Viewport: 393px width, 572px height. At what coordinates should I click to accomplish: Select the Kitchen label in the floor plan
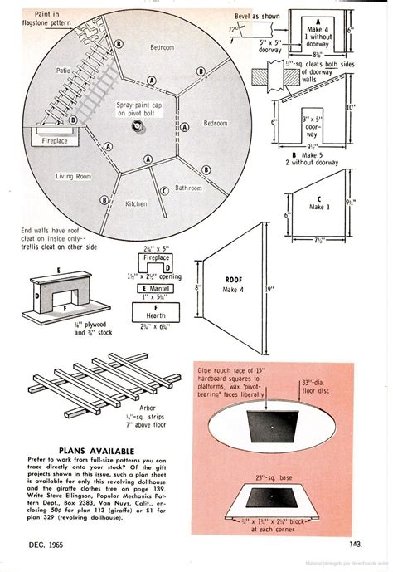click(136, 203)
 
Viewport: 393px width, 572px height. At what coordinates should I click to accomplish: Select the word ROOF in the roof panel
click(232, 281)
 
